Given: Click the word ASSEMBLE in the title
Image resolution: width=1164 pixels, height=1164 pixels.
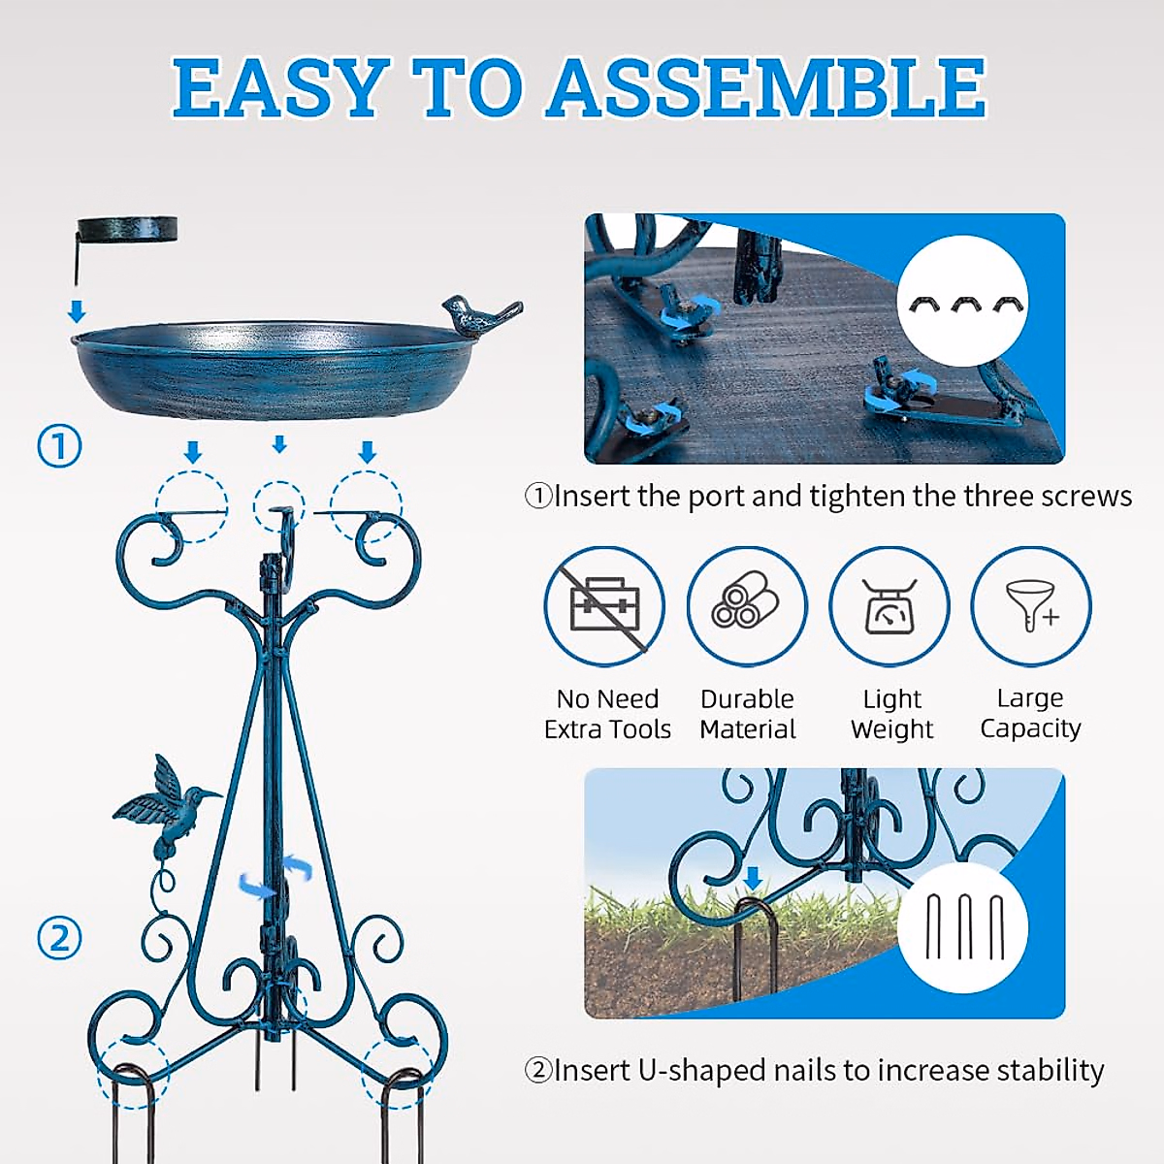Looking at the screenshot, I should (766, 89).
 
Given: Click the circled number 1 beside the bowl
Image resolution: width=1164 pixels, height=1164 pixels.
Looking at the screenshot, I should (59, 447).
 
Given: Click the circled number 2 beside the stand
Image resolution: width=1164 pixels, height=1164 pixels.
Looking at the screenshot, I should (59, 939).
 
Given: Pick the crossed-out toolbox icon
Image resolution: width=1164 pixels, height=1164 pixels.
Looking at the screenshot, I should (604, 606).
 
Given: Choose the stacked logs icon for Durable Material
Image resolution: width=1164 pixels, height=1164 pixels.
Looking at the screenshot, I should (746, 606).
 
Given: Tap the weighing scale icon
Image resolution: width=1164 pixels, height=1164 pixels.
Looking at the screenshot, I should (889, 606).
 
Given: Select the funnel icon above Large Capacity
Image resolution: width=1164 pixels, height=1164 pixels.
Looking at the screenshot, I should (1032, 606).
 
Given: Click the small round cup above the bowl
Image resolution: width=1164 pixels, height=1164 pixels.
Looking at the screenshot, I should (128, 229).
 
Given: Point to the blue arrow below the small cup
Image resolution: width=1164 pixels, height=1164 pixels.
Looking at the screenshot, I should (77, 311).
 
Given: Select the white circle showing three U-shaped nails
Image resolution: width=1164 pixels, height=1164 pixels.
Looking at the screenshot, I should (962, 926).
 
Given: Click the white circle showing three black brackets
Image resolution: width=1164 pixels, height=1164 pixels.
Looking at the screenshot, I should (962, 303).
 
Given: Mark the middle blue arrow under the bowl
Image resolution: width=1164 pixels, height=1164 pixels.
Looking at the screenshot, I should (279, 445).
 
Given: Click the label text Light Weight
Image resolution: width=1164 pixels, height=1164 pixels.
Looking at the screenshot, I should (891, 714).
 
